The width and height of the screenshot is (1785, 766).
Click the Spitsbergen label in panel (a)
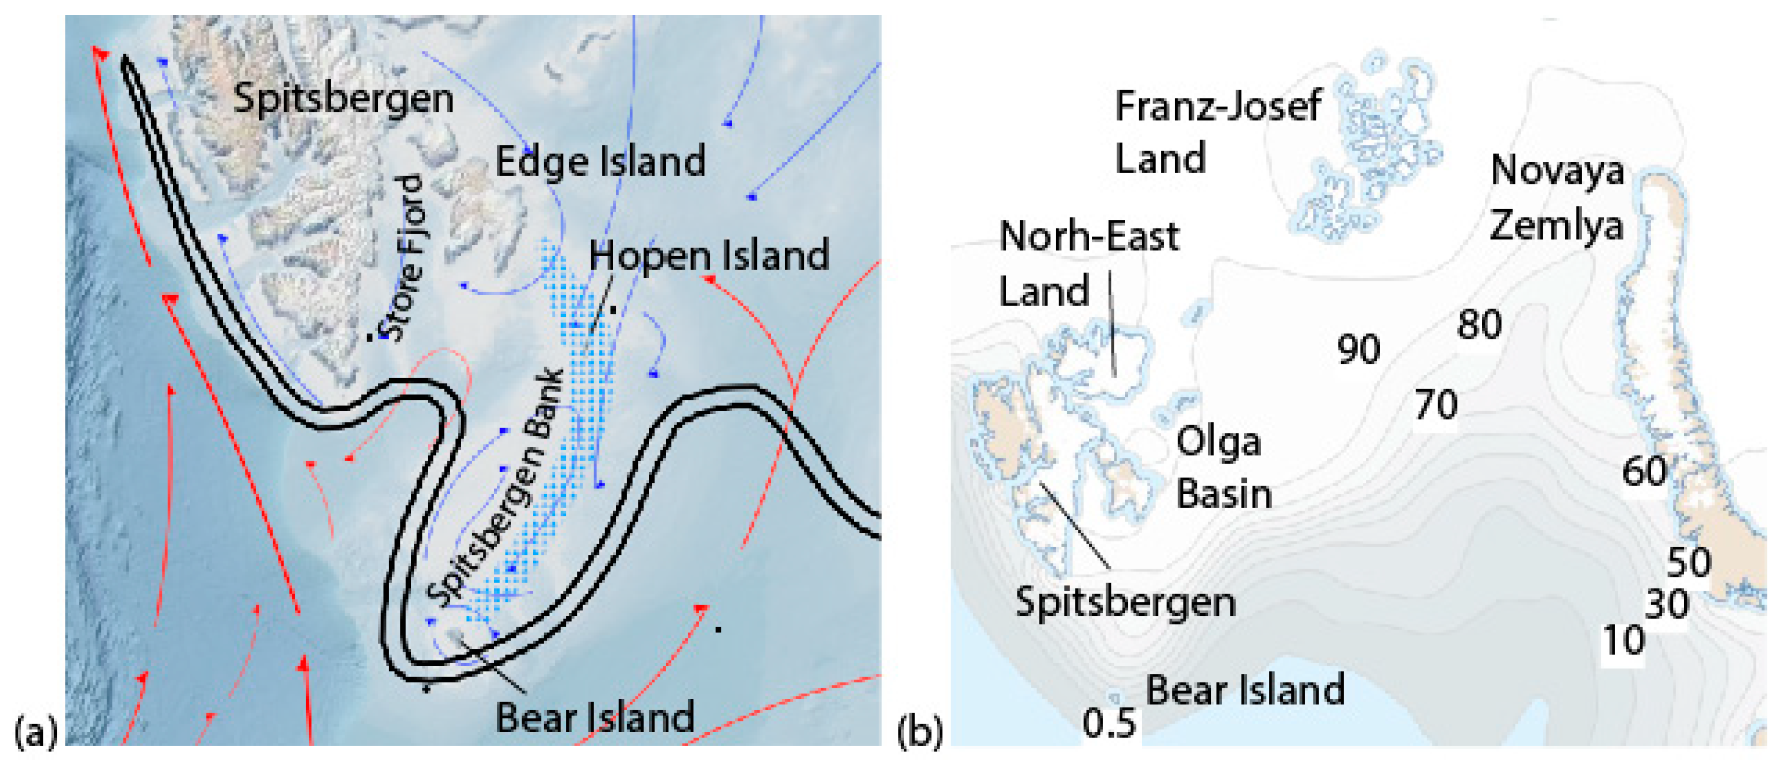click(344, 99)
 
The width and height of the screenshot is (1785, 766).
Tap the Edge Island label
click(600, 161)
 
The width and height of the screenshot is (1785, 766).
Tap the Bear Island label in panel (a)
click(594, 717)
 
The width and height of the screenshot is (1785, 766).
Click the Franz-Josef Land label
click(1217, 132)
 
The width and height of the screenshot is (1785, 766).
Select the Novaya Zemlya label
click(1557, 198)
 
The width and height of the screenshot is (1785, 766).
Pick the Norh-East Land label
click(1089, 263)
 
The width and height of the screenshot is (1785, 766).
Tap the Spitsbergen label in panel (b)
click(1125, 602)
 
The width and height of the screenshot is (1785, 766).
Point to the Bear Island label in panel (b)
click(1245, 690)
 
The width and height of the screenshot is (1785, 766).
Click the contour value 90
click(1358, 349)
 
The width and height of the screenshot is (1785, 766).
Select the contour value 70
click(1436, 405)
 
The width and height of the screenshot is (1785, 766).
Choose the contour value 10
click(1624, 641)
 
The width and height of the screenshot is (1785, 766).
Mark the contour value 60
click(1643, 471)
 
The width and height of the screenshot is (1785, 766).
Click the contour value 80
click(1479, 324)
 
